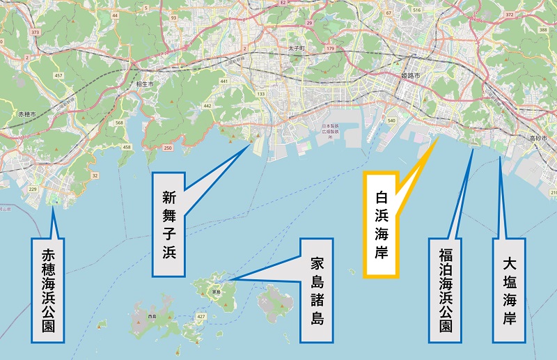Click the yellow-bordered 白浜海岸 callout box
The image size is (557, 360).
[381, 224]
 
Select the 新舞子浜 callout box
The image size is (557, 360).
[170, 217]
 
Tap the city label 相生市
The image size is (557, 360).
[145, 84]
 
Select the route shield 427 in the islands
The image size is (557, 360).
[201, 317]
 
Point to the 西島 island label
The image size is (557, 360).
[152, 317]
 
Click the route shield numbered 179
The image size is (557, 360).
[331, 48]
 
